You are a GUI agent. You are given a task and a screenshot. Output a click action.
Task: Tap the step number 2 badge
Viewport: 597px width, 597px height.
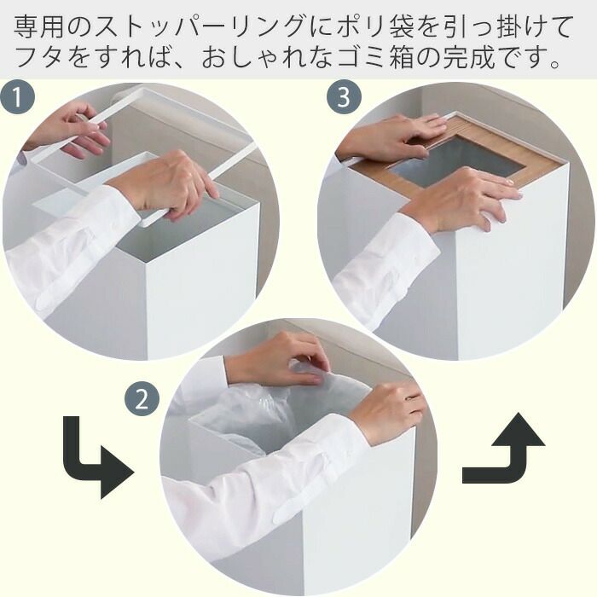pyautogui.click(x=142, y=400)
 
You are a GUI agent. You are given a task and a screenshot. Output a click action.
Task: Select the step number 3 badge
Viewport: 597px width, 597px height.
pyautogui.click(x=344, y=96)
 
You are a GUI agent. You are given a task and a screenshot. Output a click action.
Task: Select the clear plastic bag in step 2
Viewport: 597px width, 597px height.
pyautogui.click(x=274, y=411)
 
